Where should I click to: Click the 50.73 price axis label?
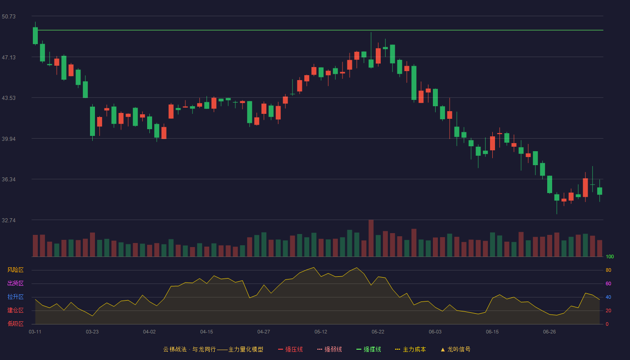pyautogui.click(x=9, y=17)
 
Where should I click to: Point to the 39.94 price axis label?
pyautogui.click(x=9, y=139)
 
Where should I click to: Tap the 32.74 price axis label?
pyautogui.click(x=9, y=220)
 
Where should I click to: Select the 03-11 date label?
pyautogui.click(x=35, y=332)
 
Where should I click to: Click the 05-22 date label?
pyautogui.click(x=378, y=332)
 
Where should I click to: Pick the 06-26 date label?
pyautogui.click(x=549, y=332)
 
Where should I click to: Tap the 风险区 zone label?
pyautogui.click(x=15, y=270)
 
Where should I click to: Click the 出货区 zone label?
pyautogui.click(x=15, y=283)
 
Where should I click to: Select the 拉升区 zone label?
pyautogui.click(x=15, y=297)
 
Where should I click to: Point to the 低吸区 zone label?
pyautogui.click(x=15, y=324)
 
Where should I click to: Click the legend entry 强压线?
pyautogui.click(x=290, y=349)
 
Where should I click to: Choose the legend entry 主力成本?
pyautogui.click(x=410, y=349)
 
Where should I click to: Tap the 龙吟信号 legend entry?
pyautogui.click(x=455, y=349)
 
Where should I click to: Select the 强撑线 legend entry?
pyautogui.click(x=369, y=349)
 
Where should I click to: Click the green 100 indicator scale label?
pyautogui.click(x=610, y=256)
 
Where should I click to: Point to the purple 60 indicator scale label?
pyautogui.click(x=608, y=283)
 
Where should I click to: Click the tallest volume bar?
pyautogui.click(x=371, y=238)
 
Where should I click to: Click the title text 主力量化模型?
pyautogui.click(x=246, y=349)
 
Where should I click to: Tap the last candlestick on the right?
pyautogui.click(x=599, y=191)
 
